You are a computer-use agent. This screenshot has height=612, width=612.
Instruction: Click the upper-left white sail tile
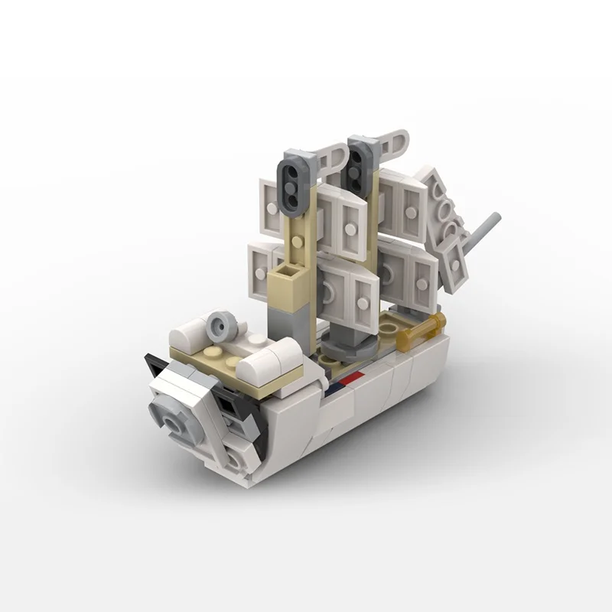pos(273,200)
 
